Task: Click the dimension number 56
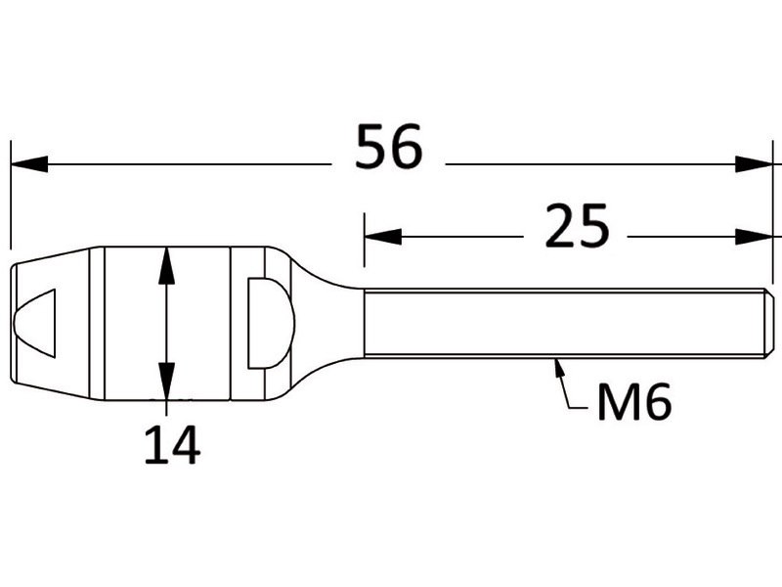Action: [388, 147]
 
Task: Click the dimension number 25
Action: [577, 226]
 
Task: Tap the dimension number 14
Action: [172, 445]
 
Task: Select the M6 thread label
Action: [633, 402]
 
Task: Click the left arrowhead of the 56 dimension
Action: [29, 163]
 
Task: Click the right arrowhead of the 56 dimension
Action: [754, 163]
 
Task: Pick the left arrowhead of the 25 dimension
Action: [383, 237]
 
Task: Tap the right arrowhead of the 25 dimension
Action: [754, 237]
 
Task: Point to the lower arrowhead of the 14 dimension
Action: [166, 382]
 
